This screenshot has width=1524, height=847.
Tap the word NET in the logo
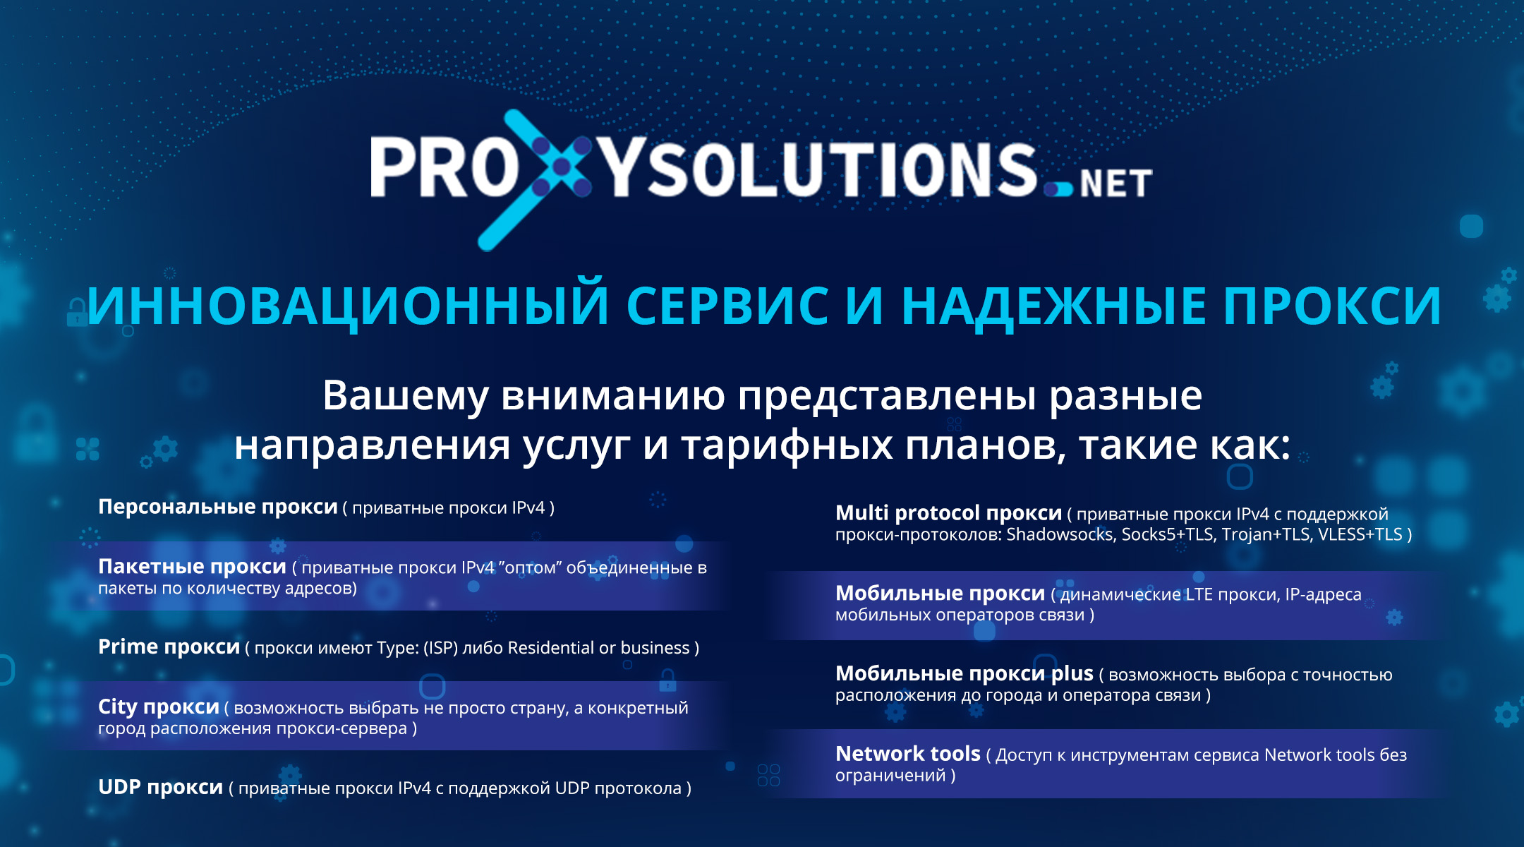[1115, 184]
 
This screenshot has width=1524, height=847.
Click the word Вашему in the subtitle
[405, 395]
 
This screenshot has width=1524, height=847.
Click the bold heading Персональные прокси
[218, 507]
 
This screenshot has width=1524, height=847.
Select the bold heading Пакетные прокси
[192, 566]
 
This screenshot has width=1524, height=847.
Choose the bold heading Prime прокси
[169, 647]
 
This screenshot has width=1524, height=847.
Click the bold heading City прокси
[158, 707]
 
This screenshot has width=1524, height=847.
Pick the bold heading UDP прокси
[160, 787]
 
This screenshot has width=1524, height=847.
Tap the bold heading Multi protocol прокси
[948, 513]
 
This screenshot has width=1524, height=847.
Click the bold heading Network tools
[907, 754]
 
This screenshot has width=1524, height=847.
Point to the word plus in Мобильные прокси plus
[1072, 674]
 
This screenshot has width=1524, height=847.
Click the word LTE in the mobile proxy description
[1199, 594]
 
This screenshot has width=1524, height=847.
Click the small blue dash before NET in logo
[1058, 189]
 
